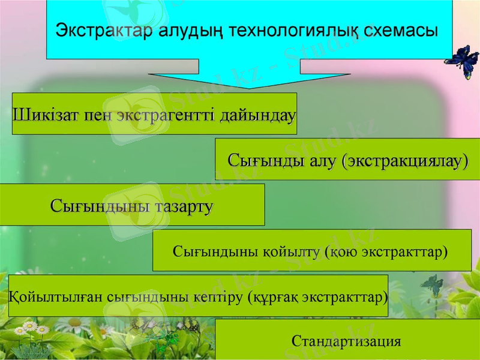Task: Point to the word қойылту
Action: (x=293, y=251)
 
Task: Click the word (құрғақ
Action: (x=274, y=296)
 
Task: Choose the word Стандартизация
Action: (x=346, y=342)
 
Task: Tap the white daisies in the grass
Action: (x=33, y=330)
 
